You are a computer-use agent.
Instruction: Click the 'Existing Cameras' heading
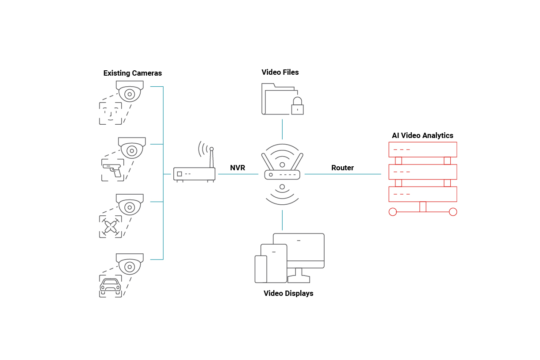tap(132, 73)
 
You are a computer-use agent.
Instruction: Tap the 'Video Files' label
tap(280, 72)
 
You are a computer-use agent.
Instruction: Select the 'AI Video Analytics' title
tap(422, 136)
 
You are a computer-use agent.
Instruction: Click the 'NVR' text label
tap(237, 168)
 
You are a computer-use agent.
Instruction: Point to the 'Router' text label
tap(342, 168)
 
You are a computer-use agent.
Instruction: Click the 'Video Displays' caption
tap(288, 293)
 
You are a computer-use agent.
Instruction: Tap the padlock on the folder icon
tap(297, 106)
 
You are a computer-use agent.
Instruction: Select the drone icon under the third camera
tap(111, 226)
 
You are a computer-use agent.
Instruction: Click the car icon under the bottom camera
tap(110, 285)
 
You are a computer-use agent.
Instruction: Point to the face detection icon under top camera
tap(110, 113)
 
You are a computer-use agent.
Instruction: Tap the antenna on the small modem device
tap(212, 157)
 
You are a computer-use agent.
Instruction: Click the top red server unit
tap(422, 149)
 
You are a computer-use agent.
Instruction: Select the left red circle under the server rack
tap(393, 212)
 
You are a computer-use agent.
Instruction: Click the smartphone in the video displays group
tap(261, 269)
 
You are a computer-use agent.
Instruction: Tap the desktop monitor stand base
tap(299, 280)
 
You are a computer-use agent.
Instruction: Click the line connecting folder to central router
tap(282, 129)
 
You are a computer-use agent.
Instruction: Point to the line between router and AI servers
tap(342, 174)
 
